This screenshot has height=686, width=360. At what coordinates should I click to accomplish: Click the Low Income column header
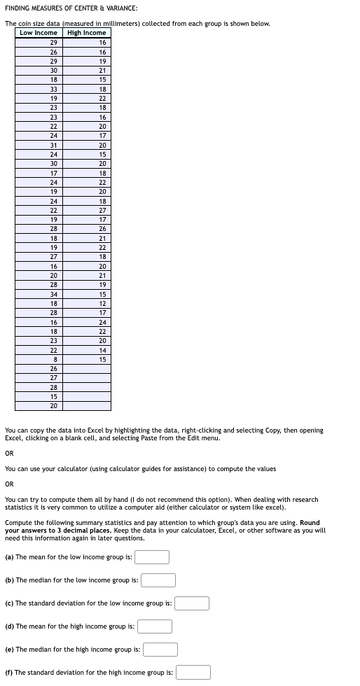coord(39,33)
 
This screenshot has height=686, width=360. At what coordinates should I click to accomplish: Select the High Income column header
coord(86,33)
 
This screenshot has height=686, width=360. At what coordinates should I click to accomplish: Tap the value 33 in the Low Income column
coord(54,89)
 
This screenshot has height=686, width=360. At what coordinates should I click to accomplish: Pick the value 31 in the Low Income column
coord(54,145)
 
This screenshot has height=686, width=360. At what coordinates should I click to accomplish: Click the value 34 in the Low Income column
coord(54,294)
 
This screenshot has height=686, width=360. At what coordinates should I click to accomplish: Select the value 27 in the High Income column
coord(102,210)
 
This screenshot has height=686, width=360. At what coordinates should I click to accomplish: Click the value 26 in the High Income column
coord(102,229)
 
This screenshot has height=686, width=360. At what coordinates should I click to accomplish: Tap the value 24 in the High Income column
coord(102,322)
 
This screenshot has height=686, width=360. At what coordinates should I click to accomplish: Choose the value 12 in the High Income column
coord(102,303)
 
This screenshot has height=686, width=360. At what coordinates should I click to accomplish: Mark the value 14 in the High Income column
coord(102,350)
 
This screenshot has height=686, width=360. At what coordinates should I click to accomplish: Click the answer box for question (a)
coord(152,557)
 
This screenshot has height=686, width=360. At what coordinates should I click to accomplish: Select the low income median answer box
coord(158,580)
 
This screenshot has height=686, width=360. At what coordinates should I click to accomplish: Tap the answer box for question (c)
coord(192,603)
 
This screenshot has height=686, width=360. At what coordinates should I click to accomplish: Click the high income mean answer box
coord(155,626)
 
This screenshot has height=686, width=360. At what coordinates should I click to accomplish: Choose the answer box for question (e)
coord(160,650)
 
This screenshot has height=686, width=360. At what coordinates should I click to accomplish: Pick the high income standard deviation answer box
coord(193,673)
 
